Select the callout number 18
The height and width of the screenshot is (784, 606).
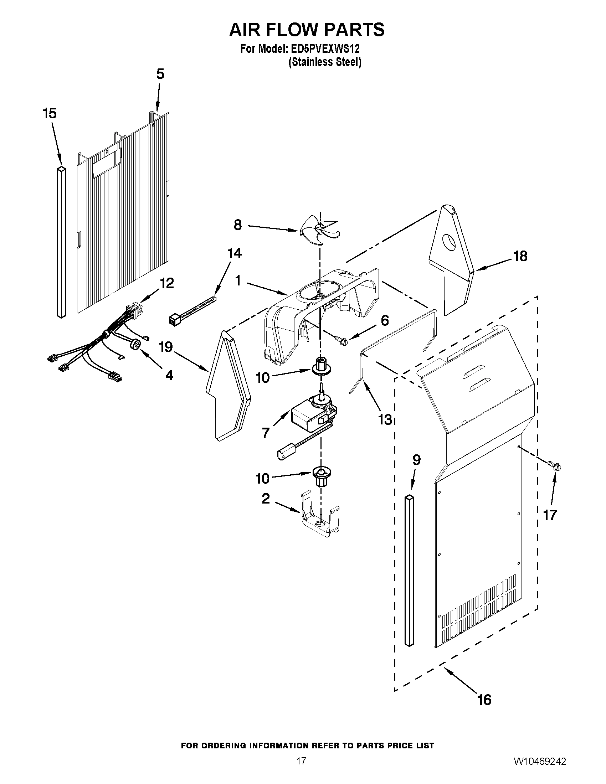tap(520, 256)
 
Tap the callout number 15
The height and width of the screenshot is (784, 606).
tap(50, 113)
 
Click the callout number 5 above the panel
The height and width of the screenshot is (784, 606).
tap(160, 74)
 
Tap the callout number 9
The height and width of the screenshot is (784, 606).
tap(416, 460)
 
